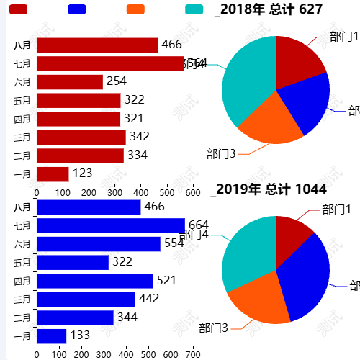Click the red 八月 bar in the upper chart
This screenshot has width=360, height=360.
click(96, 45)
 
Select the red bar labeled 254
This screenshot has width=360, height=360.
click(70, 81)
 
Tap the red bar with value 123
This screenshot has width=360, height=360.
click(53, 174)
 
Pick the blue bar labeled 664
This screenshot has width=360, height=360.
click(110, 225)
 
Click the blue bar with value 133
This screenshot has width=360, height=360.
click(51, 336)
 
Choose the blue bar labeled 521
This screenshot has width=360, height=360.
click(94, 280)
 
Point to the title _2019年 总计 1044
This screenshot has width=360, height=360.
click(269, 189)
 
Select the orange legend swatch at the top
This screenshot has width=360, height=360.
click(135, 9)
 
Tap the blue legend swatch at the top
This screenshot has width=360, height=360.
click(77, 9)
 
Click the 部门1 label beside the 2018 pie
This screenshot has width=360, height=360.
click(343, 36)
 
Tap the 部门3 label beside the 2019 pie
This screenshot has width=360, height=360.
click(213, 328)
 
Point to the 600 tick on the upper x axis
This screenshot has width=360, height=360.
click(192, 192)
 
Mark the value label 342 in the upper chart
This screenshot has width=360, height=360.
click(140, 136)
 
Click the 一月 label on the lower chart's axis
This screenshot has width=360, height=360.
click(22, 336)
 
